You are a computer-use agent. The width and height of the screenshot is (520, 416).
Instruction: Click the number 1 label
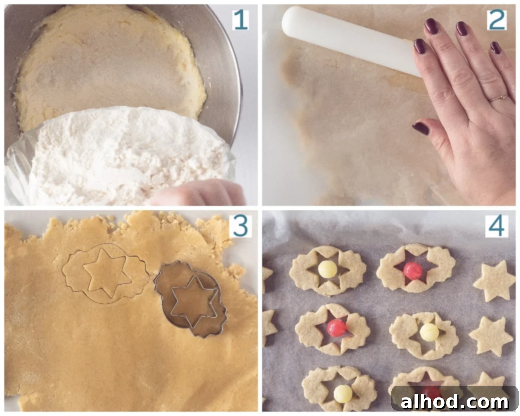pyautogui.click(x=240, y=20)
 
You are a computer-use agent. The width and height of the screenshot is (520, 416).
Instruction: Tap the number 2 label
pyautogui.click(x=497, y=20)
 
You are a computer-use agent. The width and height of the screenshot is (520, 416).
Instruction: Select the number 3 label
pyautogui.click(x=240, y=226)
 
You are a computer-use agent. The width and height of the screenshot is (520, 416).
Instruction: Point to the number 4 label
pyautogui.click(x=497, y=226)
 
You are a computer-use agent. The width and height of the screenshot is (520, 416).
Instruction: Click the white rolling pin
pyautogui.click(x=351, y=40)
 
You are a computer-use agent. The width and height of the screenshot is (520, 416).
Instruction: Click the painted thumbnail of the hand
pyautogui.click(x=421, y=128)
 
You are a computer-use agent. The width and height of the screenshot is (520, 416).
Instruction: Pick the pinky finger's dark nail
pyautogui.click(x=496, y=48)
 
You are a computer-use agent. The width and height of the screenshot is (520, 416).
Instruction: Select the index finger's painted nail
pyautogui.click(x=420, y=46)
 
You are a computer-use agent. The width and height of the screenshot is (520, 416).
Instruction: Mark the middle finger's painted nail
pyautogui.click(x=431, y=26)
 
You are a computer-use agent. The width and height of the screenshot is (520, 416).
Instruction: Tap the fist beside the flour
pyautogui.click(x=198, y=193)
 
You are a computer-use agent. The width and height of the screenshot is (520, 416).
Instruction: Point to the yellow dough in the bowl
pyautogui.click(x=109, y=65)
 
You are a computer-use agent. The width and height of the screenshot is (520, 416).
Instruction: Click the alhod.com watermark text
pyautogui.click(x=454, y=402)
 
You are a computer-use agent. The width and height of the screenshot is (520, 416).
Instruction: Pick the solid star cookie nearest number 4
pyautogui.click(x=494, y=280)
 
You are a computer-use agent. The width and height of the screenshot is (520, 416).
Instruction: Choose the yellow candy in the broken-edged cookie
pyautogui.click(x=429, y=332)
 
